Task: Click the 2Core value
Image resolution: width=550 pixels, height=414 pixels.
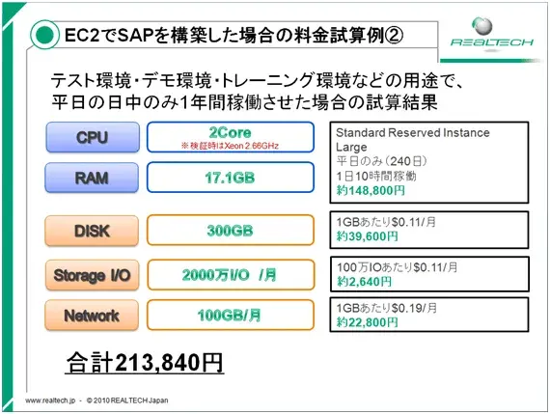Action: (x=230, y=131)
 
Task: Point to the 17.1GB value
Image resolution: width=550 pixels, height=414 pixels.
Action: (x=230, y=179)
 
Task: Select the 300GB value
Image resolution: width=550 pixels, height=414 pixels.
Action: (x=230, y=231)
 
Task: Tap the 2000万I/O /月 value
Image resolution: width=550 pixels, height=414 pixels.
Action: (x=230, y=275)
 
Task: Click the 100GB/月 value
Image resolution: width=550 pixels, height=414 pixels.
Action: (x=230, y=316)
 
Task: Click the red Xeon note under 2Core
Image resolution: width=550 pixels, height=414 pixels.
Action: (x=230, y=147)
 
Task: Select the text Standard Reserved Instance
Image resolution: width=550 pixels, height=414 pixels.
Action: (x=412, y=132)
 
